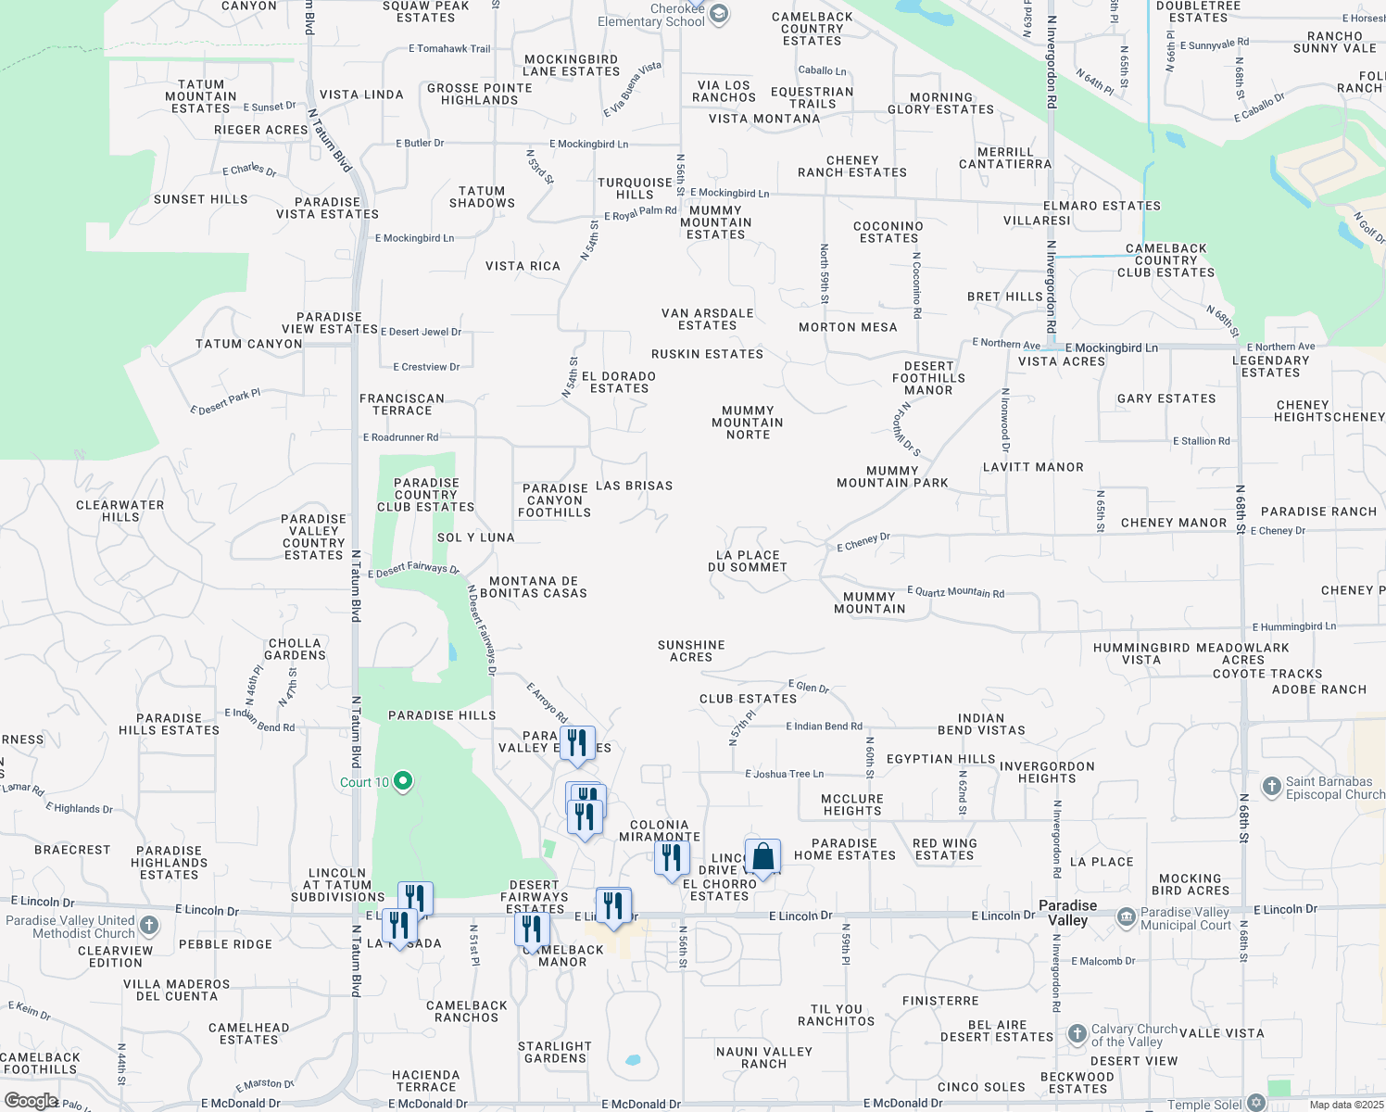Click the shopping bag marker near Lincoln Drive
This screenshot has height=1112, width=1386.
762,857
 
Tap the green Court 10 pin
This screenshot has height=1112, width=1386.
402,781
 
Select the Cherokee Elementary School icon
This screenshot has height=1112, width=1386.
719,14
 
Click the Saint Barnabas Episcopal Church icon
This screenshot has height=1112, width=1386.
1271,787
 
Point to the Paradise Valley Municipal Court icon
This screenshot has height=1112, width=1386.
1126,917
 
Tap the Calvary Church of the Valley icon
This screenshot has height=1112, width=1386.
1077,1033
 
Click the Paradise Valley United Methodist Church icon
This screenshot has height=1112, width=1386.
149,926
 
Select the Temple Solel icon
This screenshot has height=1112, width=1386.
1256,1102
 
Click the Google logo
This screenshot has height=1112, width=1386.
31,1101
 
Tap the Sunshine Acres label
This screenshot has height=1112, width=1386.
691,651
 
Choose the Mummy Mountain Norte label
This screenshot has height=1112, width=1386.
748,423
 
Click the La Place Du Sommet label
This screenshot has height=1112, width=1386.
748,561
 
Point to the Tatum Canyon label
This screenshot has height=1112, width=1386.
249,344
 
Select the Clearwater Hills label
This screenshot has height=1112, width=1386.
120,511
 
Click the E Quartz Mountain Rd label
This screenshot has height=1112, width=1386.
955,591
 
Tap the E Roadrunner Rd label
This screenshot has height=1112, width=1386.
400,437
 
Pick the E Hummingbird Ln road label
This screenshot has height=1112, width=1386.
1293,626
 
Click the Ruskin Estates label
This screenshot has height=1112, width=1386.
707,354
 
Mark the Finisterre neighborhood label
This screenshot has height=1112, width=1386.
940,1001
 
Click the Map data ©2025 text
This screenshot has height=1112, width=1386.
1345,1105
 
